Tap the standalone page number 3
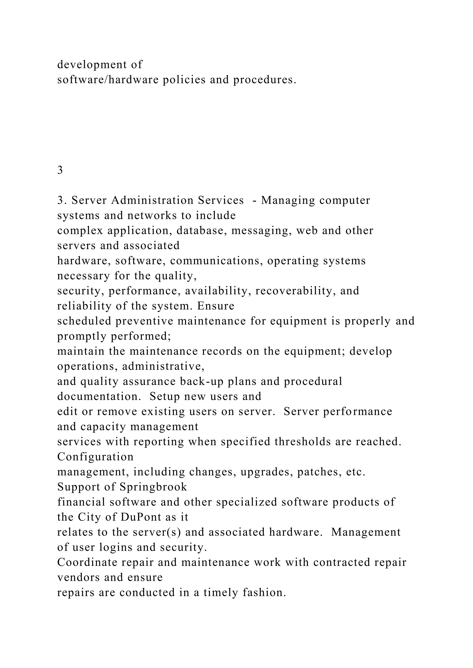60,170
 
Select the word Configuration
95,457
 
